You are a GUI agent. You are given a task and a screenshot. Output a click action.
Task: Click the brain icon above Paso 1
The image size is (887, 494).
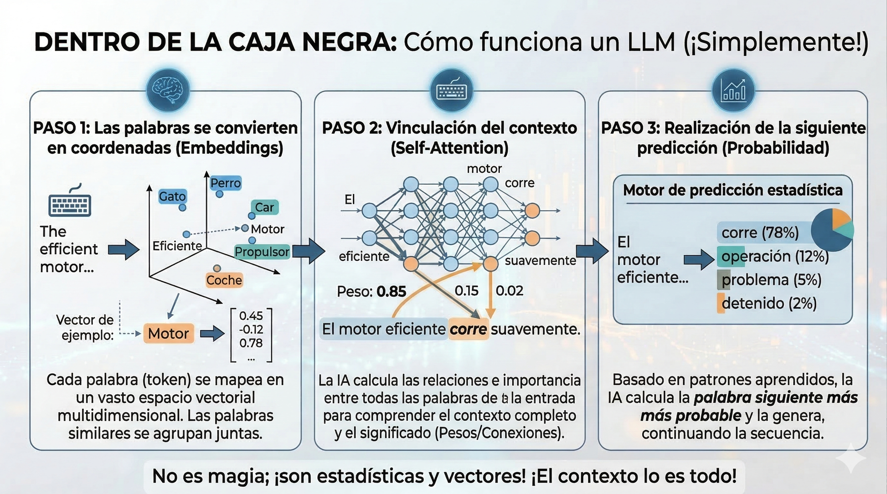click(x=168, y=90)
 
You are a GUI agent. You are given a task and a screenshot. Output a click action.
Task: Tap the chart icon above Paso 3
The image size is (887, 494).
click(x=733, y=90)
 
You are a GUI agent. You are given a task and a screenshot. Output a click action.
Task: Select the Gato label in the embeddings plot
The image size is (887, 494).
click(x=172, y=196)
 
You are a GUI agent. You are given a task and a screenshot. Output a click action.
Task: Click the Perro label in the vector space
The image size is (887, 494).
click(x=225, y=183)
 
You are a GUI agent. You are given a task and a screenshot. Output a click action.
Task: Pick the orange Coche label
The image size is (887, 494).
click(x=224, y=280)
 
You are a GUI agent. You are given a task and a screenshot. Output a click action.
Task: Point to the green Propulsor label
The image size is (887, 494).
click(x=262, y=252)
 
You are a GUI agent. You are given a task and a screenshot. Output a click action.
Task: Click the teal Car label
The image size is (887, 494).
click(x=264, y=207)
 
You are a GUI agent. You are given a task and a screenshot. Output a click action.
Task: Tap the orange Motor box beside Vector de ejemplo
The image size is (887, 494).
click(x=169, y=333)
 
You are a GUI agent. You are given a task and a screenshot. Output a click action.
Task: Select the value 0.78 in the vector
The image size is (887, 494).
click(x=251, y=343)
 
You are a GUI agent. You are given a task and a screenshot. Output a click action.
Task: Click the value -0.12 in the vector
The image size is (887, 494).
click(x=251, y=330)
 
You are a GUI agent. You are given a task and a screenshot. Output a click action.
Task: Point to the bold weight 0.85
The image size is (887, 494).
click(x=391, y=292)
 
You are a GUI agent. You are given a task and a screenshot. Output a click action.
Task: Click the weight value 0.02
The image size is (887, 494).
click(x=510, y=291)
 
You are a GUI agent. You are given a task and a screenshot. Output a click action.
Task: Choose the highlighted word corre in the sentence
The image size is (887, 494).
click(x=468, y=329)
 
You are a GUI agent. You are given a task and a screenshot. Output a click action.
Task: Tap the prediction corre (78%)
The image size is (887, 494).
click(x=760, y=232)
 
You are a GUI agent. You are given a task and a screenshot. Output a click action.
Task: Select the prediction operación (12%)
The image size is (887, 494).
click(x=775, y=256)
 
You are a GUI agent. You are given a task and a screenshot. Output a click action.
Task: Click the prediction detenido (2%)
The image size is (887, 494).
click(x=769, y=303)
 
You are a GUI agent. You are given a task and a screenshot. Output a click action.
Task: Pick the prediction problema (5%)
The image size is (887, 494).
click(x=771, y=280)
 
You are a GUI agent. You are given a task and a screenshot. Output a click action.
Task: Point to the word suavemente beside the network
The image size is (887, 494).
click(x=540, y=261)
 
